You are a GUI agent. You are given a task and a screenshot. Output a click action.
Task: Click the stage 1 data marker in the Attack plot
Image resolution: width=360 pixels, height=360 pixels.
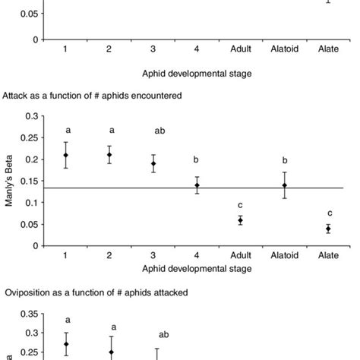pos(66,155)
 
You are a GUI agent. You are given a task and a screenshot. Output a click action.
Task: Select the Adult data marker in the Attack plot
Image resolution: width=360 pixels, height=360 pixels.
pos(240,220)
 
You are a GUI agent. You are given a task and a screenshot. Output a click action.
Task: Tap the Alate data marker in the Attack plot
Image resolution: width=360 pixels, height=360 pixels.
pos(328,229)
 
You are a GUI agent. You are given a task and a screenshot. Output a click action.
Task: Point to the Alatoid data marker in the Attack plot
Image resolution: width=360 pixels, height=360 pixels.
pos(284,185)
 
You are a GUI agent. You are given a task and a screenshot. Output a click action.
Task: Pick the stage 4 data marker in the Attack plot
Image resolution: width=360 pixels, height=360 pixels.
pos(197,185)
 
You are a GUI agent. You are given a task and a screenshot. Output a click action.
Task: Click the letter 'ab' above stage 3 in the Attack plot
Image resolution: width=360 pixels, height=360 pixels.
pos(159,131)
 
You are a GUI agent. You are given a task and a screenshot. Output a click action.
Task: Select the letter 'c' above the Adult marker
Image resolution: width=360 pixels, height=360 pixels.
pos(240,203)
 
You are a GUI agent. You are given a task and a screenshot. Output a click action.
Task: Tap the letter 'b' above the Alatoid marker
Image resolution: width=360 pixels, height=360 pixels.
pos(284,160)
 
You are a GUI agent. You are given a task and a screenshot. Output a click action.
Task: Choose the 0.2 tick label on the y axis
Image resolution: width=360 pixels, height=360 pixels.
pos(31,159)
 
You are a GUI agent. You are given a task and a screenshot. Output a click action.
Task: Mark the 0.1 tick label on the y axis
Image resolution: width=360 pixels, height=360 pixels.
pos(31,203)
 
